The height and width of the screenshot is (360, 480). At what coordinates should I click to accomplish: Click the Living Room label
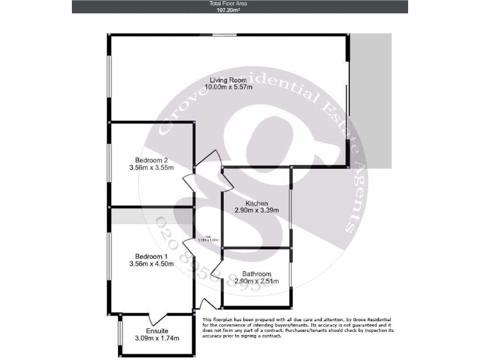pyautogui.click(x=227, y=79)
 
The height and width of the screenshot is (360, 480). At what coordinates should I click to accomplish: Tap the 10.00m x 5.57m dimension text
pyautogui.click(x=231, y=87)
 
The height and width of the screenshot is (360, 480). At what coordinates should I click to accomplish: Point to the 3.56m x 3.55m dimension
pyautogui.click(x=151, y=167)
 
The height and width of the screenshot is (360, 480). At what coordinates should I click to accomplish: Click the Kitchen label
pyautogui.click(x=256, y=204)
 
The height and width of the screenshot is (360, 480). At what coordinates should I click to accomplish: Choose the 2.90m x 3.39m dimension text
pyautogui.click(x=256, y=211)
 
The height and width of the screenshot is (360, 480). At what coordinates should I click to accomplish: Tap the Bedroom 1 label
pyautogui.click(x=151, y=256)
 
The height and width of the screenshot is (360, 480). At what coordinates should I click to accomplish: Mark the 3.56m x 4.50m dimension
pyautogui.click(x=151, y=264)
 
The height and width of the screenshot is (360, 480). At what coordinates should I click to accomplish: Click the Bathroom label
pyautogui.click(x=256, y=274)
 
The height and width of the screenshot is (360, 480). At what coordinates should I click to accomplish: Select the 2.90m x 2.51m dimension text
pyautogui.click(x=256, y=281)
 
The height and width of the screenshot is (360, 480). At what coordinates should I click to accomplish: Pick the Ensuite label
pyautogui.click(x=157, y=331)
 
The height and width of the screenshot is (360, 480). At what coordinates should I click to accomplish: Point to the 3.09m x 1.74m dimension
pyautogui.click(x=157, y=339)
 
